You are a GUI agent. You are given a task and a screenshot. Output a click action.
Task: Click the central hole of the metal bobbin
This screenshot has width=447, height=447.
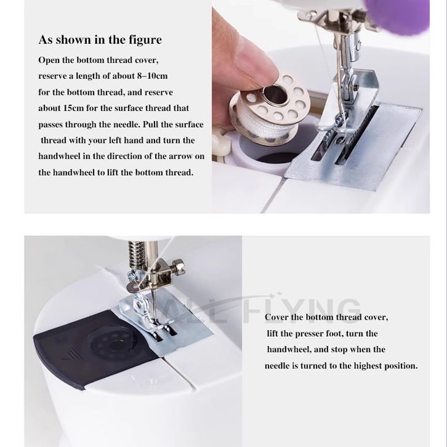[x=275, y=94]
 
